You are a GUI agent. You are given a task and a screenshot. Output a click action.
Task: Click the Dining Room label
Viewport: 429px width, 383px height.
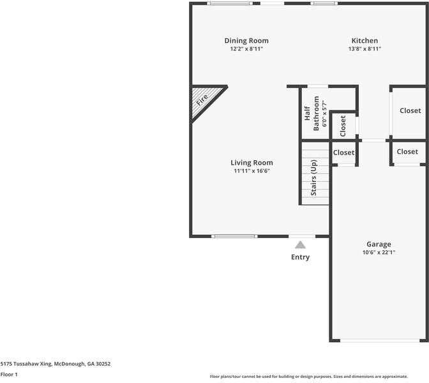246,40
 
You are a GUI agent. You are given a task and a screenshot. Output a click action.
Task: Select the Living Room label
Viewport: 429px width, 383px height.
252,163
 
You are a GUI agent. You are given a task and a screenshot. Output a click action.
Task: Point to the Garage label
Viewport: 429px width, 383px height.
379,244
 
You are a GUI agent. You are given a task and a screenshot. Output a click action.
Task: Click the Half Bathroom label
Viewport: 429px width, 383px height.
311,114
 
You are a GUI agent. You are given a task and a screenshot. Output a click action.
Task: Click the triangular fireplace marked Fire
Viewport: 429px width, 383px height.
204,102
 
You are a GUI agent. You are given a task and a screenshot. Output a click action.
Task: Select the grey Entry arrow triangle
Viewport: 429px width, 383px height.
300,244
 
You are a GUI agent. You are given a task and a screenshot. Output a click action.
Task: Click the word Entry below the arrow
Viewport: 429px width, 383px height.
300,257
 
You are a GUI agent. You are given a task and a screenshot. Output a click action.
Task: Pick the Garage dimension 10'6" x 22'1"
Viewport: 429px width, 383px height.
379,252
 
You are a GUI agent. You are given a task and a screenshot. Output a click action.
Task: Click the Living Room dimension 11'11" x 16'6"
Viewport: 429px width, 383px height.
252,171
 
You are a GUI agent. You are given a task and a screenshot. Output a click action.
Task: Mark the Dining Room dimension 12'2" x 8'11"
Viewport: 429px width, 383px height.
246,49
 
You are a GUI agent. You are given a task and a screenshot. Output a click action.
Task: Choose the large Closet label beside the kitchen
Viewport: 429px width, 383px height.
410,110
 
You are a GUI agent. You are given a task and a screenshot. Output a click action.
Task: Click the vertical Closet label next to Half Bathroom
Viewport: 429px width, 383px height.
343,126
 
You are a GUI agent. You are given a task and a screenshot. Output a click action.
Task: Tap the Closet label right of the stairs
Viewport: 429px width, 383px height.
343,153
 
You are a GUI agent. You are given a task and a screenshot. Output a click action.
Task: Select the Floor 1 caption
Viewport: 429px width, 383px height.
9,375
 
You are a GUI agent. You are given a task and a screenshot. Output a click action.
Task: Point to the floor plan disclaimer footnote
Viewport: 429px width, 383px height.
318,376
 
